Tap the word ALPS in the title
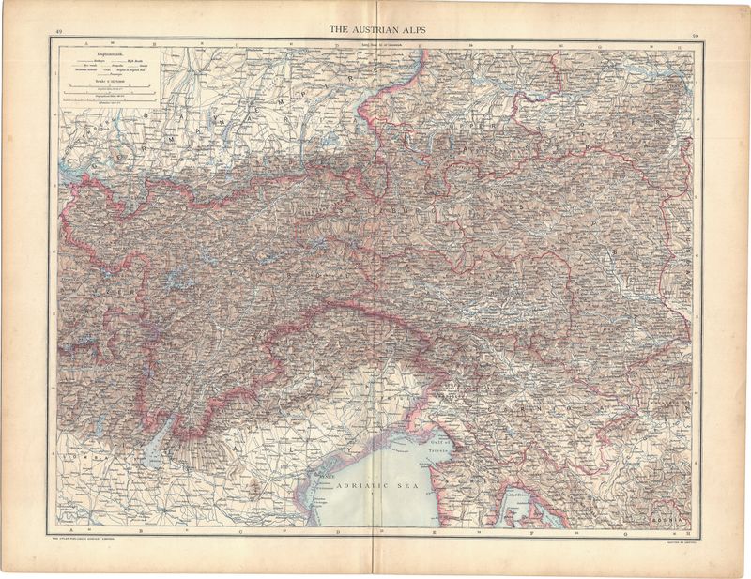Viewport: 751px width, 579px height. click(411, 30)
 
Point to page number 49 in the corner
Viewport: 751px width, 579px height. click(59, 33)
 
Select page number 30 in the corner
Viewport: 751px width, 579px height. click(694, 36)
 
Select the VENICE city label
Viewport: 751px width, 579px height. click(323, 475)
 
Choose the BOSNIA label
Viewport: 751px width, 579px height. click(670, 518)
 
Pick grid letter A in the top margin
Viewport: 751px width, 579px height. click(83, 43)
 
